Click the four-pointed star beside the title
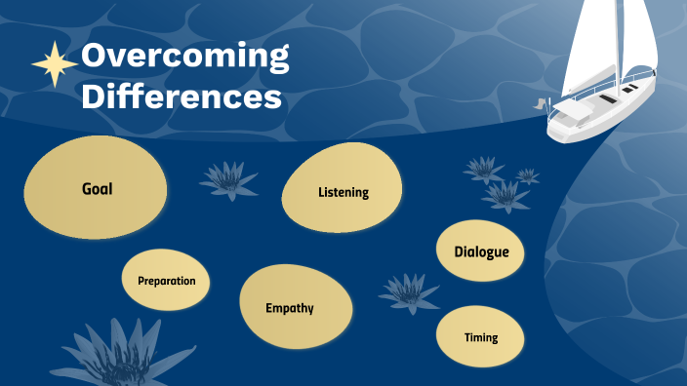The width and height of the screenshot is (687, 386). click(x=56, y=63)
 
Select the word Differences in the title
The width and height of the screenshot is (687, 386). click(x=182, y=96)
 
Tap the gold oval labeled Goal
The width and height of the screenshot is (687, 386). click(x=97, y=188)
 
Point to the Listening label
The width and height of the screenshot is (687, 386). click(x=343, y=192)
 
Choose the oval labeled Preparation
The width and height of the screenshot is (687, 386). click(x=166, y=281)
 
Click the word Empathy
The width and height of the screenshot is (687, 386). click(x=290, y=308)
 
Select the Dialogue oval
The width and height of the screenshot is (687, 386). click(x=481, y=252)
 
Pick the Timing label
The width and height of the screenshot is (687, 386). click(x=481, y=338)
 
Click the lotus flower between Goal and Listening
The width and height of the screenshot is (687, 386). click(x=228, y=179)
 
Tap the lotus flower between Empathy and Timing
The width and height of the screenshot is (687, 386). click(x=408, y=291)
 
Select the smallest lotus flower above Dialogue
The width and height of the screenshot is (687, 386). click(x=528, y=176)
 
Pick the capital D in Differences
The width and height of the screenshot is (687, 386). click(x=95, y=96)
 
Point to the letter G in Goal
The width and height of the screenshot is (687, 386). click(x=87, y=188)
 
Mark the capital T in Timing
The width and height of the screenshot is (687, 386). click(x=467, y=338)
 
